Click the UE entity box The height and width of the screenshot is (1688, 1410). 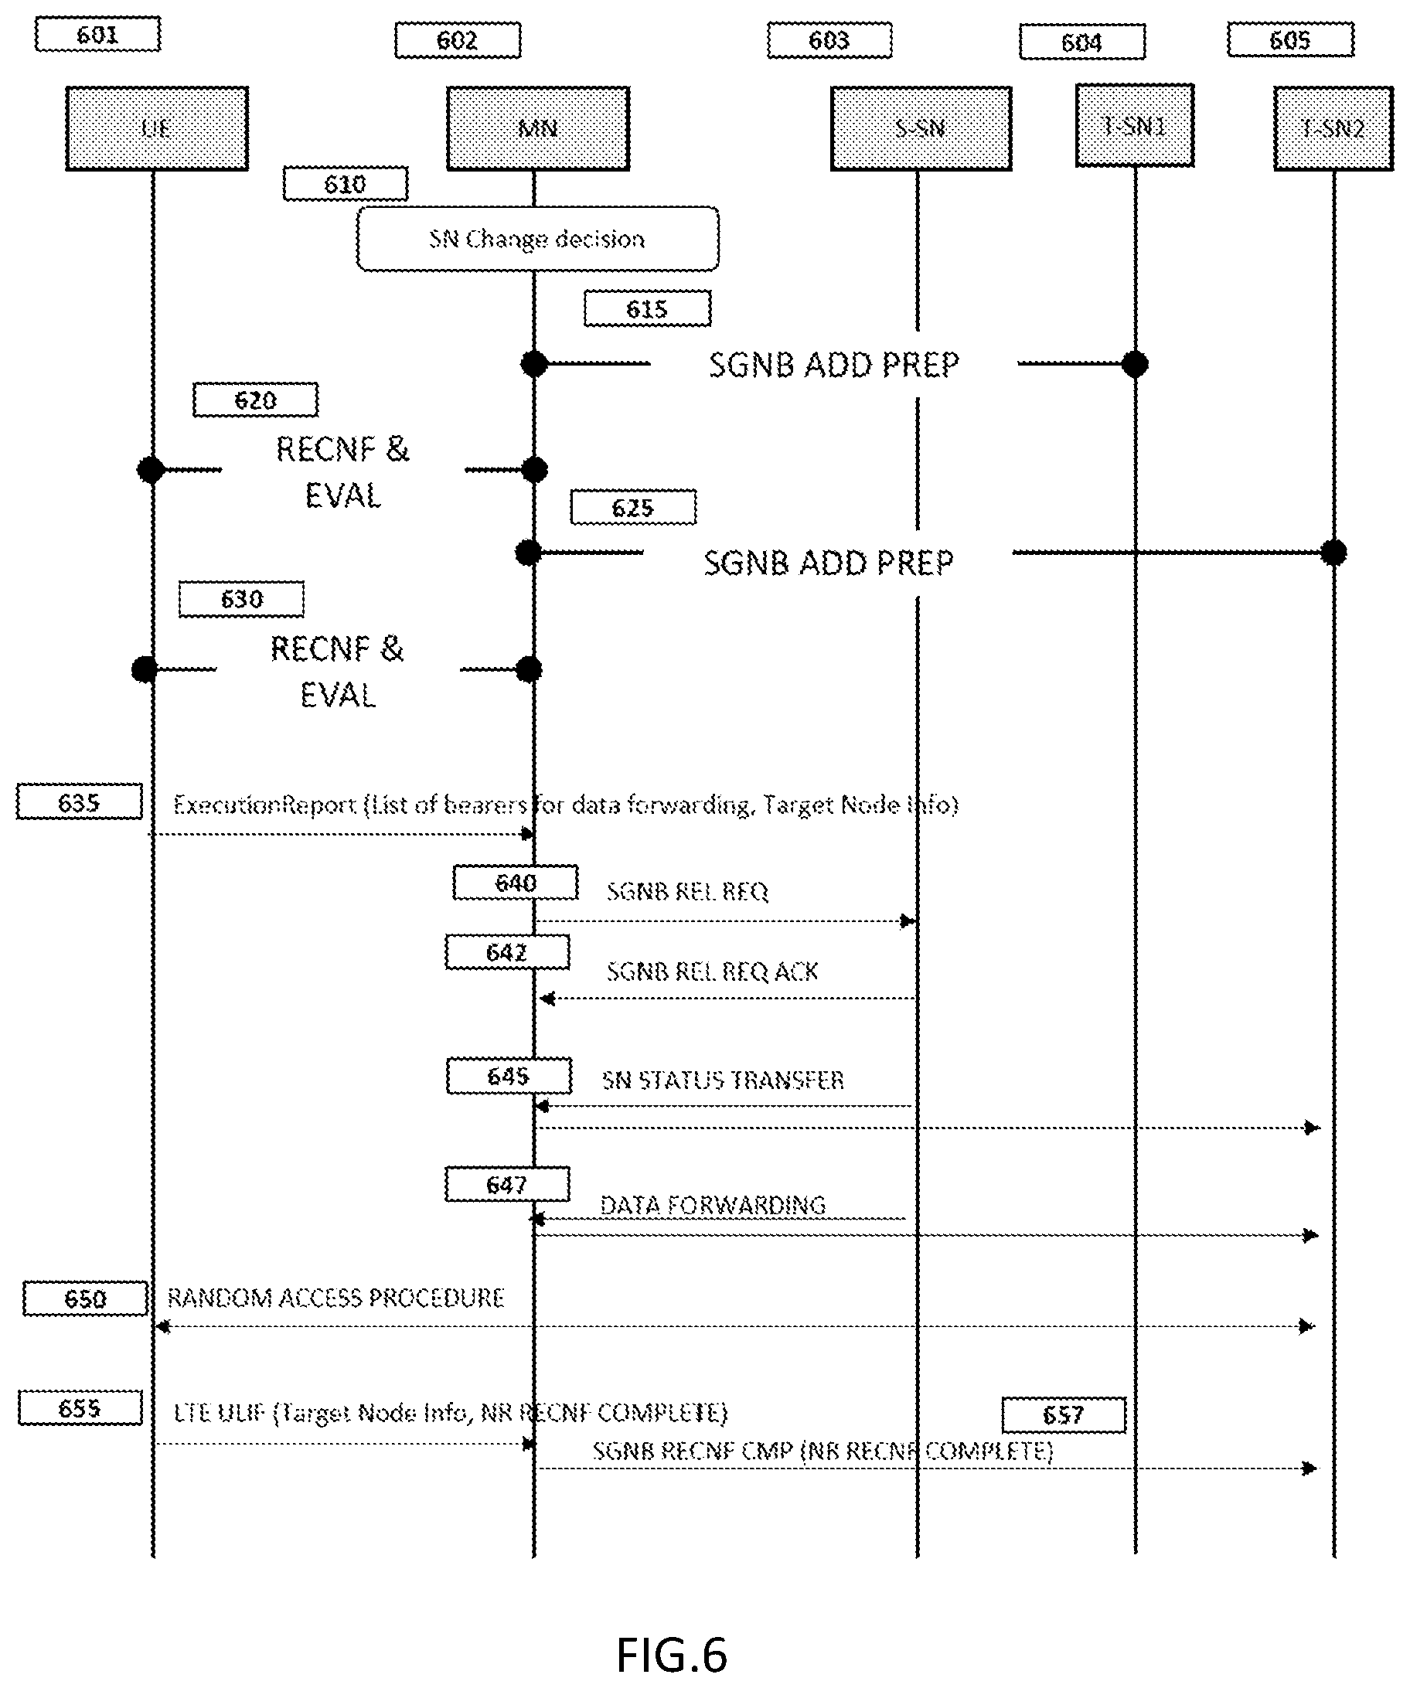[157, 128]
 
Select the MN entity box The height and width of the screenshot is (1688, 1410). [538, 128]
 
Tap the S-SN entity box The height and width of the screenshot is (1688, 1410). [921, 128]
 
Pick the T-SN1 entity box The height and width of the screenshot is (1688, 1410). [1134, 125]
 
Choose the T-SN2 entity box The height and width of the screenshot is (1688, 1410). [1333, 128]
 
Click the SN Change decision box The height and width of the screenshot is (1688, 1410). [537, 239]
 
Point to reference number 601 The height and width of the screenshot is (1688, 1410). [97, 35]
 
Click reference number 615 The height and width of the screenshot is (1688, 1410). [647, 308]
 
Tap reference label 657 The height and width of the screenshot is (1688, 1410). [1063, 1414]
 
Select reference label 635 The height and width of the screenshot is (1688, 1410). [79, 802]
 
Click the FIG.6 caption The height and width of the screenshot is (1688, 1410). [671, 1655]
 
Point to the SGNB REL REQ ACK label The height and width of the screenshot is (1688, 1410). [712, 972]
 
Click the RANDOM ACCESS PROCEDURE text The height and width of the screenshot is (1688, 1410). [335, 1298]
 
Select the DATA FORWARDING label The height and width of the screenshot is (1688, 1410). [712, 1204]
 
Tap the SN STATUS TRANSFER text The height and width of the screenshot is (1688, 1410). [723, 1080]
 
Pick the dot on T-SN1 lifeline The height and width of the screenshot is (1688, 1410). [1134, 364]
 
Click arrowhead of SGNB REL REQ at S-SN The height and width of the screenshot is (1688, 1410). [908, 921]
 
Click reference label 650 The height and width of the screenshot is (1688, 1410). [85, 1299]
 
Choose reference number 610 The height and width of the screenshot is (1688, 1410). [345, 184]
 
